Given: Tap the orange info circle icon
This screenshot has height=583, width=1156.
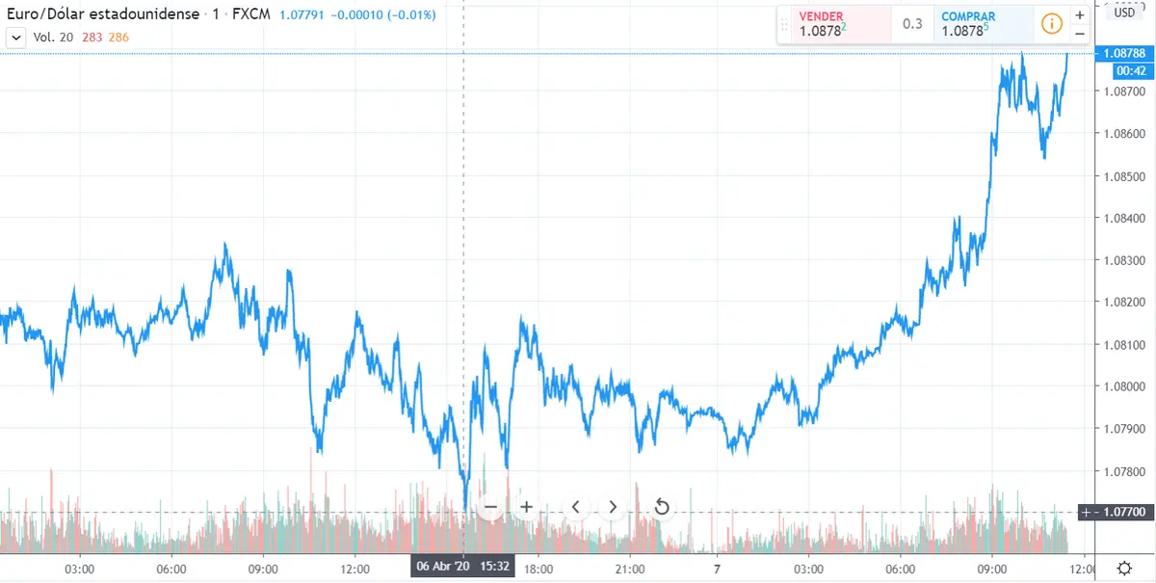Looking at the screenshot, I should coord(1051,23).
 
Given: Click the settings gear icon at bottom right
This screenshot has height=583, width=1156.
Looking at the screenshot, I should coord(1124,568).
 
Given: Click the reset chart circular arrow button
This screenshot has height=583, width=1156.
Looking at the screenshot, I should coord(662,507).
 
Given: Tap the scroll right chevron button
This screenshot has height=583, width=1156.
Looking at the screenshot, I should coord(613,507).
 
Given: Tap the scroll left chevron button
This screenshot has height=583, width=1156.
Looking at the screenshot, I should coord(575,507).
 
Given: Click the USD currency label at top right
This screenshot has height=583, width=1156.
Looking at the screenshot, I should coord(1125,13).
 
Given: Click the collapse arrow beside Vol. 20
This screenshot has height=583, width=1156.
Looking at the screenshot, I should coord(15,37).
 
